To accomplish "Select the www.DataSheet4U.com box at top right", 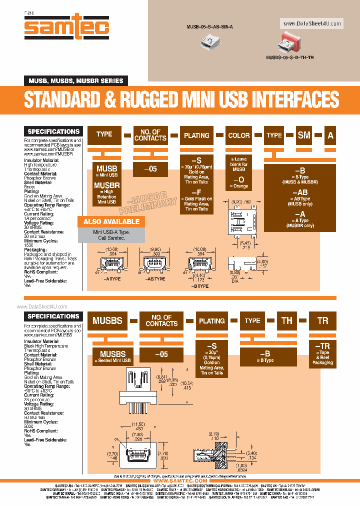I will coord(312,23).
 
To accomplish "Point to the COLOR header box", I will coord(239,135).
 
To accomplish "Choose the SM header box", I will coord(304,135).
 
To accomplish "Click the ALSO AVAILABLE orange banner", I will coord(111,221).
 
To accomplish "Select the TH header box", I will coord(287,320).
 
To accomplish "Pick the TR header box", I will coord(323,320).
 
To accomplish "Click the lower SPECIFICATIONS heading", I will coord(53,316).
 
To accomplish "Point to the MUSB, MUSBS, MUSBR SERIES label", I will coord(75,80).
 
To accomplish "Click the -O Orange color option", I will coord(239,182).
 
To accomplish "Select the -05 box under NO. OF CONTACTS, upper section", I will coord(150,169).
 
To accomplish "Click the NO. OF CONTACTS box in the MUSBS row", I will coord(161,320).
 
